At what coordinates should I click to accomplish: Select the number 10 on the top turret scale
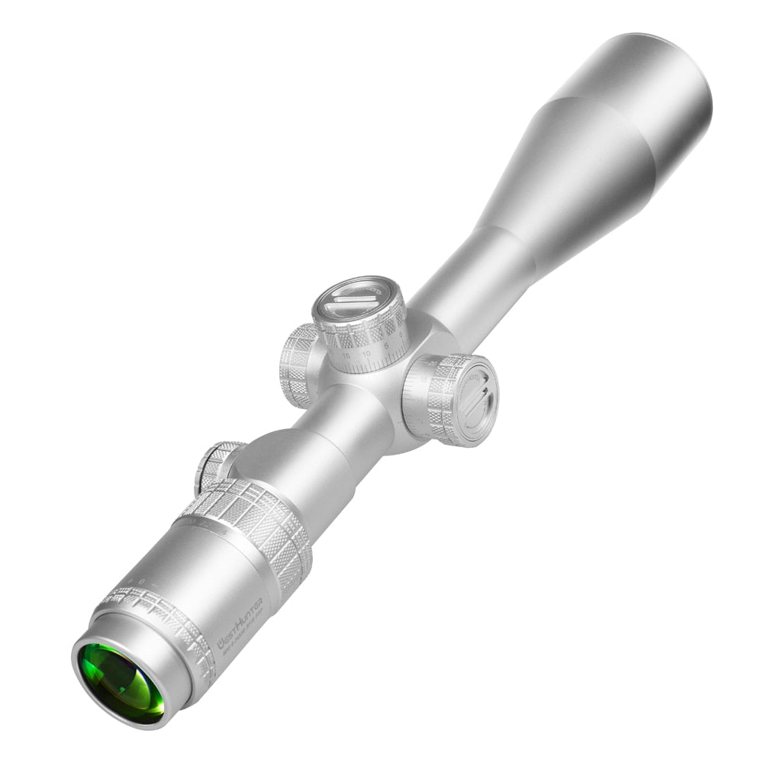366,353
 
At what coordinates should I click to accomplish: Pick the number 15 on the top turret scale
347,356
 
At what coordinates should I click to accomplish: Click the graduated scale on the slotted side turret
412,404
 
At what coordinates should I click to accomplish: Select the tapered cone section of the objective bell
565,183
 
